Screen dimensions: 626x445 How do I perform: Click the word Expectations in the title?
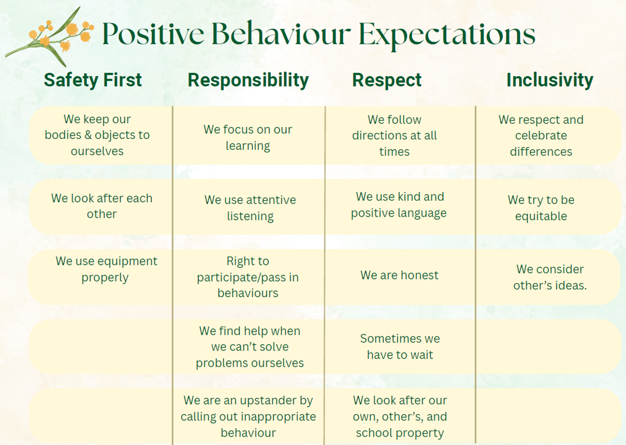(x=447, y=34)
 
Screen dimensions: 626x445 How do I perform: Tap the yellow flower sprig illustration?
(x=50, y=37)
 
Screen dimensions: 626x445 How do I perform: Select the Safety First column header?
(x=93, y=80)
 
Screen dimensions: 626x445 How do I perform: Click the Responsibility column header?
(x=248, y=80)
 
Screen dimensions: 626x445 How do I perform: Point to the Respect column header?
(x=387, y=81)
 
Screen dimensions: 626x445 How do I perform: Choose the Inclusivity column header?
(x=550, y=80)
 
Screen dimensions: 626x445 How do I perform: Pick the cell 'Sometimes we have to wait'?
(x=400, y=346)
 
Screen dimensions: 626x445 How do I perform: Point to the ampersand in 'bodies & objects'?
(x=88, y=135)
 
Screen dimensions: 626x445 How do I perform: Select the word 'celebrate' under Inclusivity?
(x=541, y=135)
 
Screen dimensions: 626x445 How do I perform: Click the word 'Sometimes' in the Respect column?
(x=391, y=338)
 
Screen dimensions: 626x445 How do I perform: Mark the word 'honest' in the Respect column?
(x=419, y=275)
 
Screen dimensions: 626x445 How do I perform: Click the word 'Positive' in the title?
(x=153, y=34)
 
